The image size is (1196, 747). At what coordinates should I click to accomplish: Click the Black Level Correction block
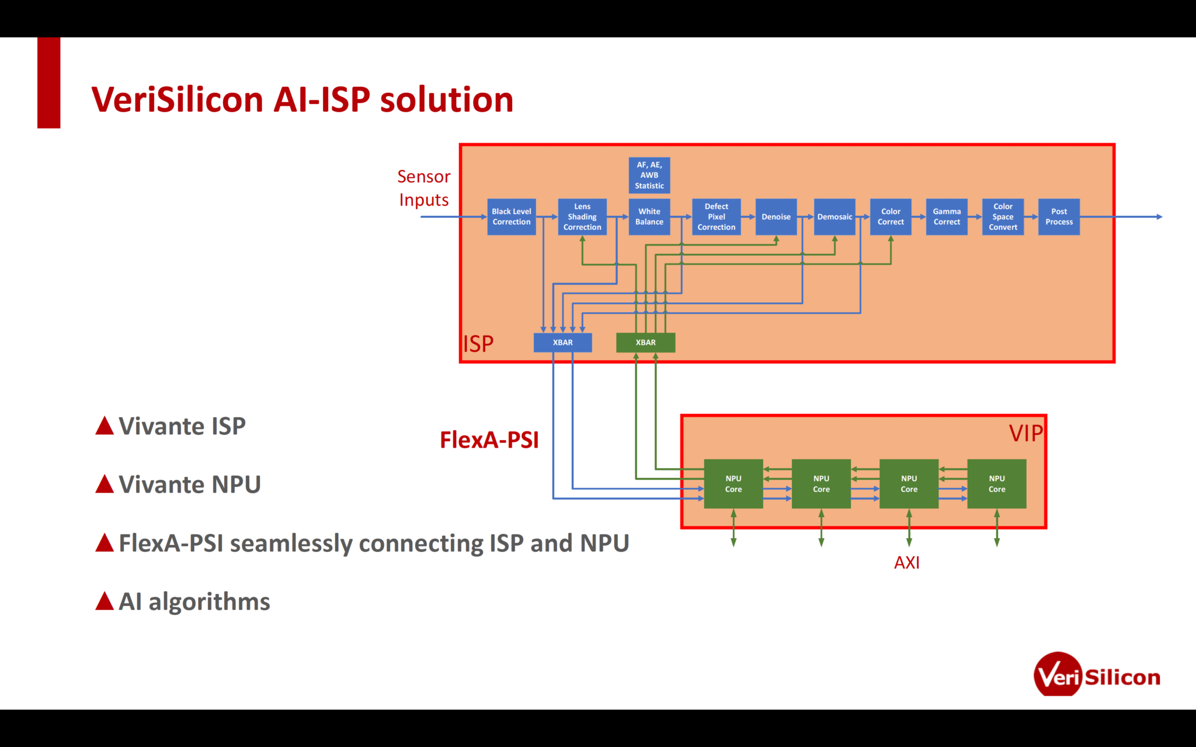[x=511, y=217]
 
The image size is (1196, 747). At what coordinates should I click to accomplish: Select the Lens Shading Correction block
[x=582, y=217]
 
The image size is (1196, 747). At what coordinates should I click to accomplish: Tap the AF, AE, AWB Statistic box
[x=649, y=175]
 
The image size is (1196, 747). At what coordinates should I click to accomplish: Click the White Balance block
[x=649, y=217]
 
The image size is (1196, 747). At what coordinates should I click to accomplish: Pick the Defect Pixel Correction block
[x=716, y=217]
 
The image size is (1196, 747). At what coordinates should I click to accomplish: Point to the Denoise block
[x=776, y=217]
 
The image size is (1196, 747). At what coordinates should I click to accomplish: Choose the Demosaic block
[x=834, y=217]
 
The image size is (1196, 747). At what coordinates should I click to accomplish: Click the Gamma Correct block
[x=946, y=217]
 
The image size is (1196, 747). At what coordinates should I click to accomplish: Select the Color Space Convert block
[x=1002, y=217]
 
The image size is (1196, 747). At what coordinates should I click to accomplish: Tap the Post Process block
[x=1058, y=217]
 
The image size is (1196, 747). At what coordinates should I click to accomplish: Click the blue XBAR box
[x=562, y=343]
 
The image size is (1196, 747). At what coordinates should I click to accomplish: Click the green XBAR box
[x=645, y=343]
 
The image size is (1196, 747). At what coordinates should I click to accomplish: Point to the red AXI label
[x=906, y=563]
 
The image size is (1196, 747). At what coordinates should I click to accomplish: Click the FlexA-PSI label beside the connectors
[x=489, y=440]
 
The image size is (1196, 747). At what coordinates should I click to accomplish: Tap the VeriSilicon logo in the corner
[x=1096, y=675]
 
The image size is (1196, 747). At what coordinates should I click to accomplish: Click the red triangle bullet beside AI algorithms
[x=105, y=601]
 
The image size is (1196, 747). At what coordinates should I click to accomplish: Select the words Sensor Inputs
[x=424, y=188]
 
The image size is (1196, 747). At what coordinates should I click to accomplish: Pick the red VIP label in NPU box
[x=1025, y=433]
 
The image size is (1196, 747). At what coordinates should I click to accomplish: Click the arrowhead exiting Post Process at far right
[x=1159, y=217]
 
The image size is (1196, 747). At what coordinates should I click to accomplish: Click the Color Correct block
[x=890, y=217]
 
